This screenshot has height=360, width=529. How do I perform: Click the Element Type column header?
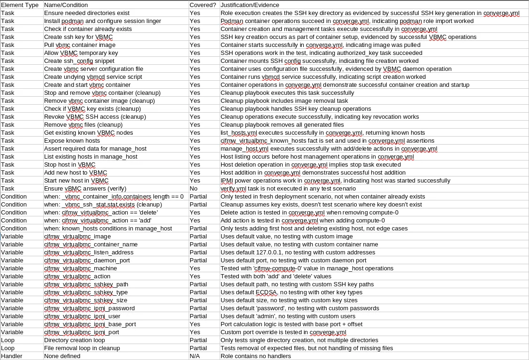(20, 5)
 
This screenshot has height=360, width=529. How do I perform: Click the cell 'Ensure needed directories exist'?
(87, 13)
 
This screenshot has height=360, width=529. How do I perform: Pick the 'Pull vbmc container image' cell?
(80, 45)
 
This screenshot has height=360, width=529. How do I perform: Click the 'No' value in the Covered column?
(193, 189)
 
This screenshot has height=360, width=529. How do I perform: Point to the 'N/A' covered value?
(195, 356)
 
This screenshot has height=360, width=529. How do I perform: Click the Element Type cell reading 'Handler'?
(12, 356)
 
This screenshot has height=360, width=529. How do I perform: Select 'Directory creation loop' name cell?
(74, 340)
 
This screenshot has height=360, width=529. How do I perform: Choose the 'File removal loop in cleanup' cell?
(82, 348)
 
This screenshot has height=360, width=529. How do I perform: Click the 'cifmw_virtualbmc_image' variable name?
(77, 237)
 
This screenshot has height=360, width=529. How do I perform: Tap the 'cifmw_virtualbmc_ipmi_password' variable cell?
(89, 308)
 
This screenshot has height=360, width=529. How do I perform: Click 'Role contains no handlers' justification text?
(256, 356)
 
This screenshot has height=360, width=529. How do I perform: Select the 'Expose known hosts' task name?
(72, 141)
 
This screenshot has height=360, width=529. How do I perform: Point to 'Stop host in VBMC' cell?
(70, 165)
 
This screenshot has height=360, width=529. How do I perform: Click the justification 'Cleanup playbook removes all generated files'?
(282, 125)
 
